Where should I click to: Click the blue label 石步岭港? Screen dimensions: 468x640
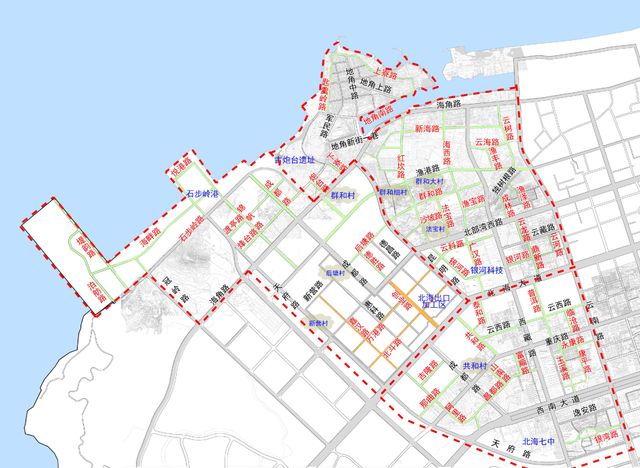click(x=203, y=194)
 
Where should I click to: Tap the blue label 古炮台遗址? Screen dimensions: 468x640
click(x=295, y=160)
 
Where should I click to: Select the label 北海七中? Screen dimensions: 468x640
click(x=539, y=442)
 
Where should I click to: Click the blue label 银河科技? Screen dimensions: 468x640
click(x=487, y=270)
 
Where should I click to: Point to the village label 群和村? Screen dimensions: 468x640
click(x=343, y=195)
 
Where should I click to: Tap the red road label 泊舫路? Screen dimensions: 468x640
click(x=97, y=291)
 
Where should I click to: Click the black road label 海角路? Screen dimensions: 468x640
click(x=449, y=105)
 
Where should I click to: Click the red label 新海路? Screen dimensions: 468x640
click(x=427, y=129)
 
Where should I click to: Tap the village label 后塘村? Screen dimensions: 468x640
click(x=335, y=273)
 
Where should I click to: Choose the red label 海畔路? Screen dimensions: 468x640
click(x=151, y=237)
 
